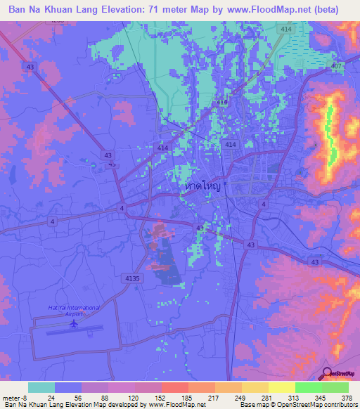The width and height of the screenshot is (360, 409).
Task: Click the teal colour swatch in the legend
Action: pos(41,387)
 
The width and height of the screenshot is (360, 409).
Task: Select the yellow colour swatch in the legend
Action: pos(282,387)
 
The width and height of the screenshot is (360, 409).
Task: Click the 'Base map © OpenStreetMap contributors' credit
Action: pos(297,404)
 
